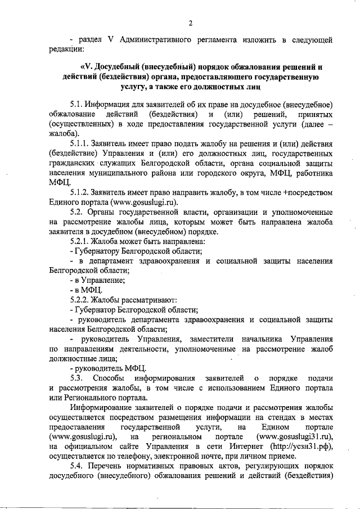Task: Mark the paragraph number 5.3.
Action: click(76, 378)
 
